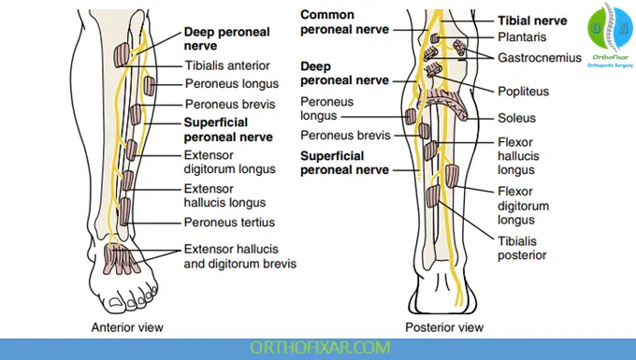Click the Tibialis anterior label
pyautogui.click(x=227, y=65)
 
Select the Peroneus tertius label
pyautogui.click(x=225, y=223)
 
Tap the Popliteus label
pyautogui.click(x=523, y=93)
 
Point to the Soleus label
pyautogui.click(x=516, y=119)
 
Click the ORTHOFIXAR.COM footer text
pyautogui.click(x=317, y=349)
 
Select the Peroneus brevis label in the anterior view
pyautogui.click(x=229, y=104)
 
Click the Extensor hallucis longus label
pyautogui.click(x=224, y=194)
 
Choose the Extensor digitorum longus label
pyautogui.click(x=230, y=162)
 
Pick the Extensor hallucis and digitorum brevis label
pyautogui.click(x=240, y=256)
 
